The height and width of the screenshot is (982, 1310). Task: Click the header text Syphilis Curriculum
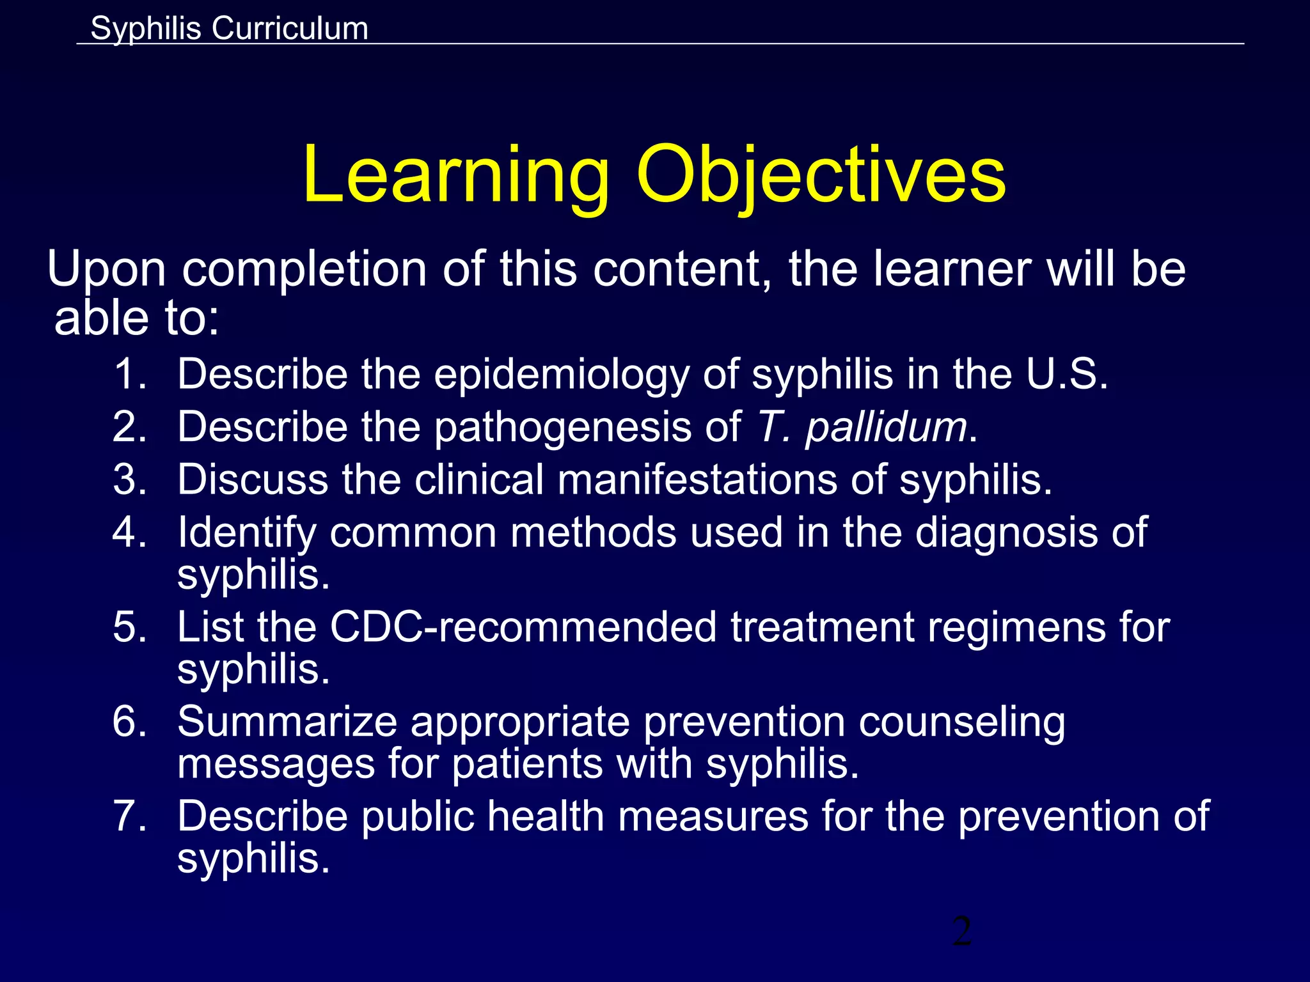pos(229,29)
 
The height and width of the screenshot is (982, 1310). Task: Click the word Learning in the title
pos(456,175)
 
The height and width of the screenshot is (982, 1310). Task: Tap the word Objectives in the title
pos(821,175)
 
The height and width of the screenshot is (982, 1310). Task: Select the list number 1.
pos(130,374)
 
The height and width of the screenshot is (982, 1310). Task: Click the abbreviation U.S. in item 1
pos(1066,374)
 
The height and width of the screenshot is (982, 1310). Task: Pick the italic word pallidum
pos(886,427)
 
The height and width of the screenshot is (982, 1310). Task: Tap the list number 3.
pos(130,479)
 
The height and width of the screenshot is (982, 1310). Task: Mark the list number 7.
pos(130,817)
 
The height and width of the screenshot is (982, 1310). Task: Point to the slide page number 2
pos(961,931)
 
